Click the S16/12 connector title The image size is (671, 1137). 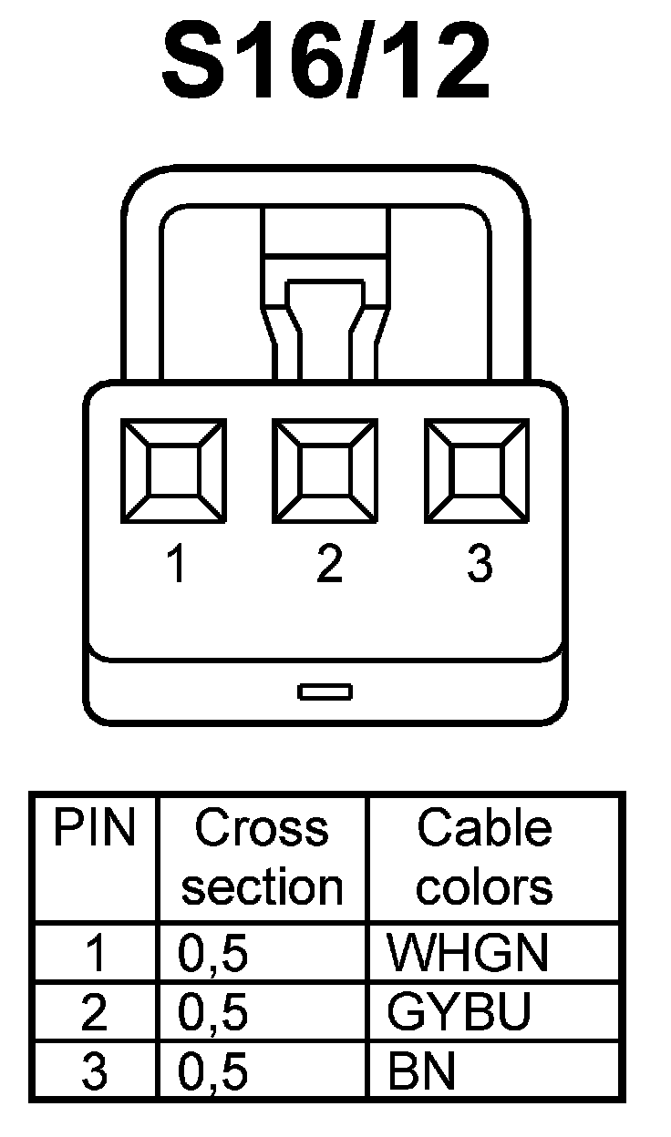click(x=326, y=62)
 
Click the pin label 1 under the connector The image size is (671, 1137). click(x=176, y=565)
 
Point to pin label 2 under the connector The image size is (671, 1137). click(x=328, y=565)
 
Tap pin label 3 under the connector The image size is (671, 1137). click(x=480, y=565)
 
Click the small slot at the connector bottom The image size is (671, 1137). click(x=325, y=691)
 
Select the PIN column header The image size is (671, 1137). click(x=94, y=829)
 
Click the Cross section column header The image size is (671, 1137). click(x=262, y=857)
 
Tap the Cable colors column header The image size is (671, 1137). click(x=484, y=857)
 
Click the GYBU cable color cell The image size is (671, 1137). click(x=459, y=1013)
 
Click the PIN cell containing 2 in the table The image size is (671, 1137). click(x=94, y=1013)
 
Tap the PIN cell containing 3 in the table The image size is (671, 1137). click(x=94, y=1072)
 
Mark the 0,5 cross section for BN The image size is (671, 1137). click(x=213, y=1072)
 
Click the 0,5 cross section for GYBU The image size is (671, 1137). click(x=213, y=1013)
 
